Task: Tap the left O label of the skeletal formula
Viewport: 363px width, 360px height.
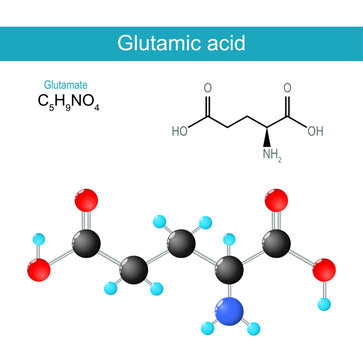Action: pos(207,87)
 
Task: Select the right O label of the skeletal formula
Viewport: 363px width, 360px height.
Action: pos(287,87)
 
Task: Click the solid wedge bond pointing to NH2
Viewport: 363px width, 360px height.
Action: pos(269,135)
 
